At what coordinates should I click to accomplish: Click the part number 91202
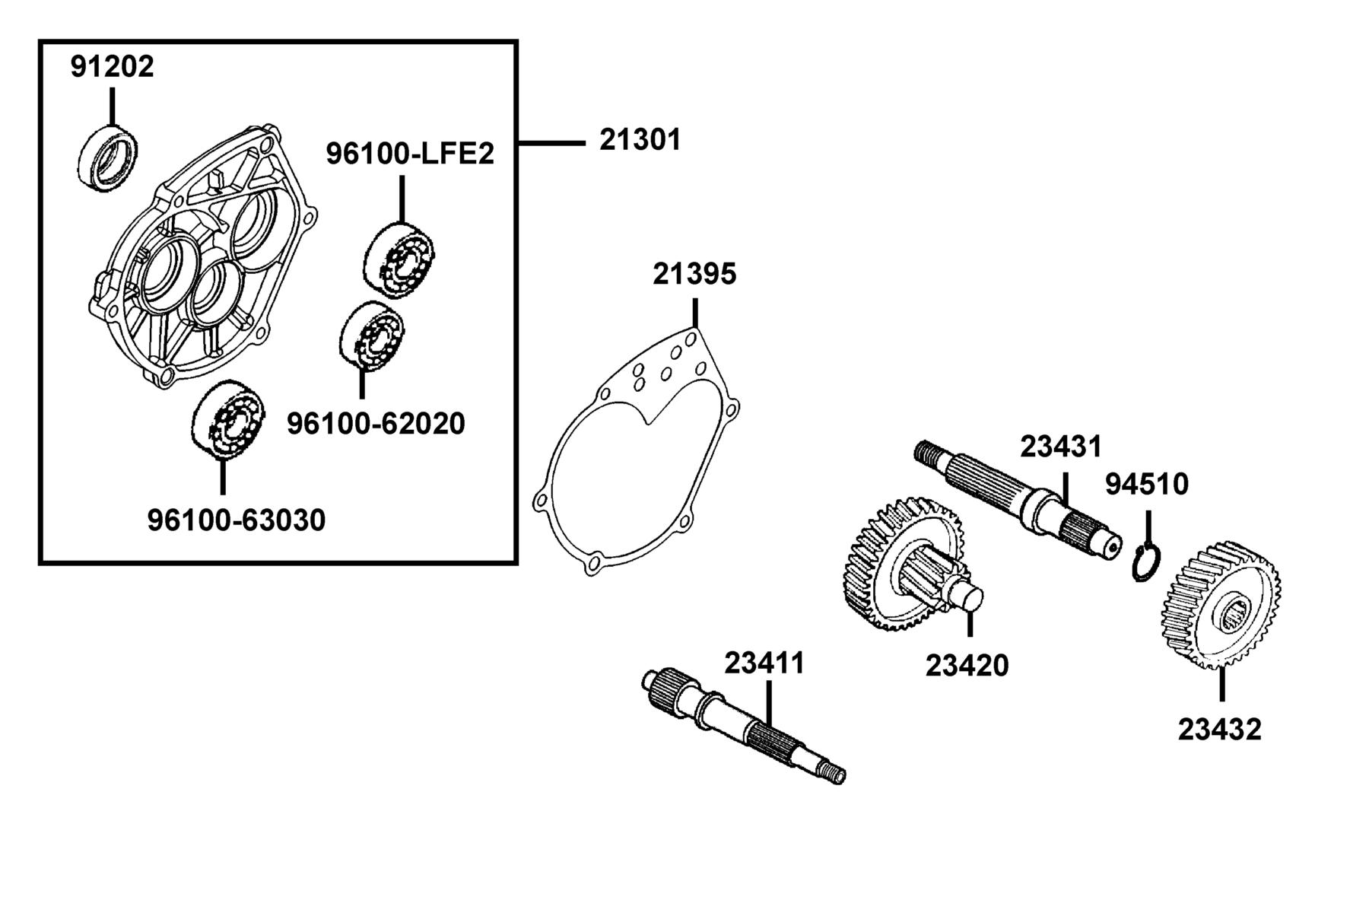coord(113,66)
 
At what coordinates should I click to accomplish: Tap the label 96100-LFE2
coord(410,154)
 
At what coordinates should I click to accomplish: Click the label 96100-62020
coord(376,423)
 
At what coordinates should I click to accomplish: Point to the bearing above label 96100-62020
coord(371,336)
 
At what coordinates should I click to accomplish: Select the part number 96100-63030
coord(237,520)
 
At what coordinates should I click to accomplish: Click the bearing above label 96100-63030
coord(228,418)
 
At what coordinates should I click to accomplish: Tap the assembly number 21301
coord(640,140)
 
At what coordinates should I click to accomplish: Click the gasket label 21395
coord(694,274)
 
